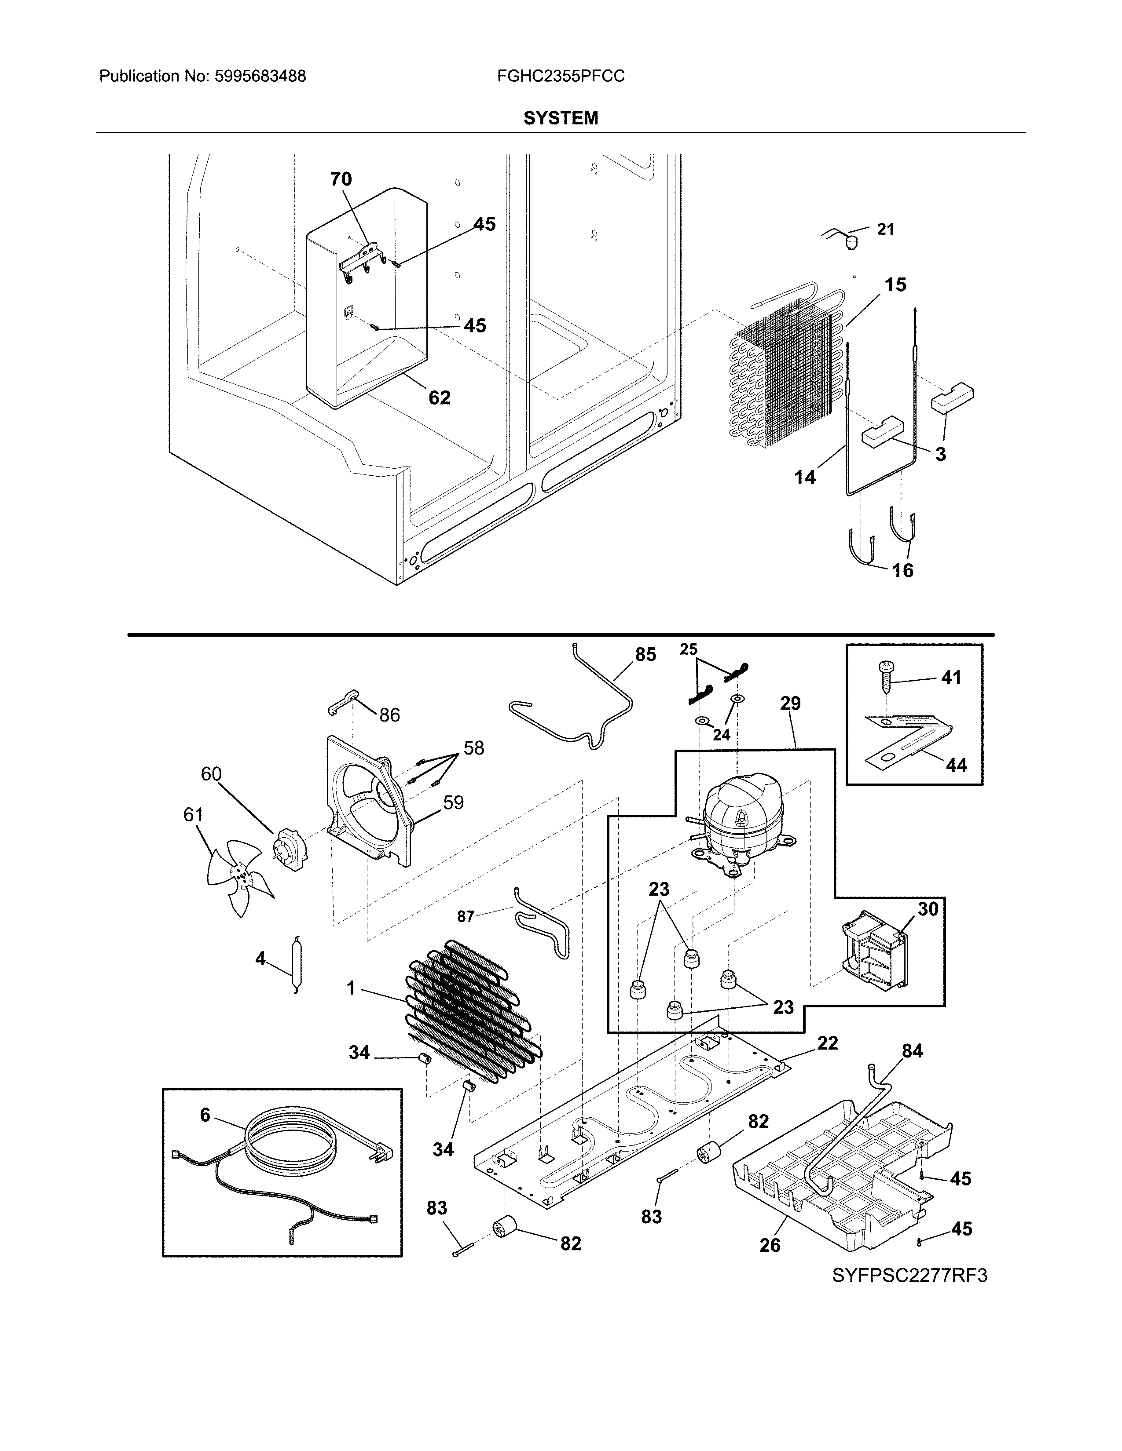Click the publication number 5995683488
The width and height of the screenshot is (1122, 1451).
260,77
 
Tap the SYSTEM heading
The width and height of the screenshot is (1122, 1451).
560,118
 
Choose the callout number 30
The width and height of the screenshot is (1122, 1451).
928,909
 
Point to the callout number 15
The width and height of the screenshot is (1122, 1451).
895,284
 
